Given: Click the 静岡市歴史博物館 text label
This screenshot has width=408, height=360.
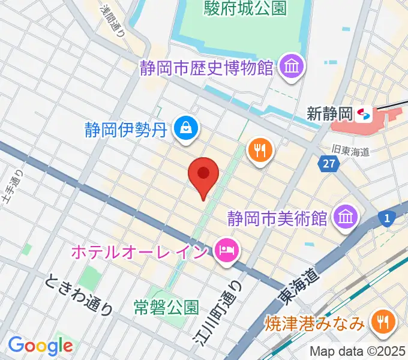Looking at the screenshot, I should click(206, 67).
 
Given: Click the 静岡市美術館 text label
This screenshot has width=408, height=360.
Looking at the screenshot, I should click(278, 217).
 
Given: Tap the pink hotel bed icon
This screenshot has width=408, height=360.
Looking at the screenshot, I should click(227, 249).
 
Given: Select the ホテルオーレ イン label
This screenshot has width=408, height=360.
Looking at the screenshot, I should click(139, 250).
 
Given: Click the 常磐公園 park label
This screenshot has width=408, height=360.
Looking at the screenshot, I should click(166, 308).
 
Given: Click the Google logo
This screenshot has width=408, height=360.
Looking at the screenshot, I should click(40, 346).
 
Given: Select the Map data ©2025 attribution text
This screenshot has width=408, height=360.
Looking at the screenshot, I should click(358, 351).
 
